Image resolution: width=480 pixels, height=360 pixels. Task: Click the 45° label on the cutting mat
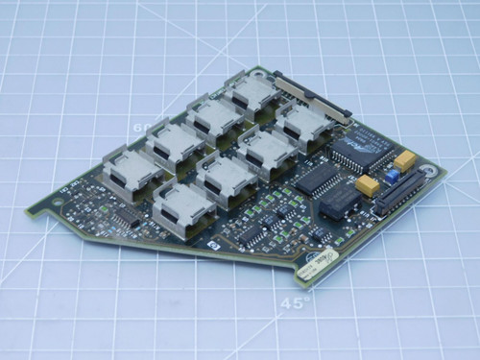pyautogui.click(x=296, y=304)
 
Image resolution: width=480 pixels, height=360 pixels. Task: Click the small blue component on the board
pyautogui.click(x=392, y=176)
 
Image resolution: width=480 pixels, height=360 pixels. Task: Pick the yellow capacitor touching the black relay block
pyautogui.click(x=367, y=185)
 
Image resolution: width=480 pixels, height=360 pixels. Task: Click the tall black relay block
pyautogui.click(x=341, y=200)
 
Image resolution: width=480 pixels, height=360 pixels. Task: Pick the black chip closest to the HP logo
pyautogui.click(x=251, y=232)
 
